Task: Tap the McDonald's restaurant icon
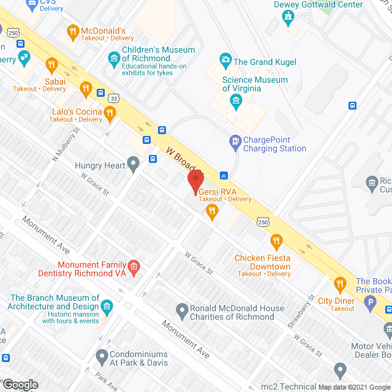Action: pos(73,31)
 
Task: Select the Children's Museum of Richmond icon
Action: pos(114,59)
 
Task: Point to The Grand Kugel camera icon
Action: pos(225,61)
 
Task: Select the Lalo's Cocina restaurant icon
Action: pos(110,111)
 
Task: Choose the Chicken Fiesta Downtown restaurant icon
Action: pos(276,242)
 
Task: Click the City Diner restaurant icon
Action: pos(339,284)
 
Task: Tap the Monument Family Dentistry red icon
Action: pos(134,267)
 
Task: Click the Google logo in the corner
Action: pos(20,385)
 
